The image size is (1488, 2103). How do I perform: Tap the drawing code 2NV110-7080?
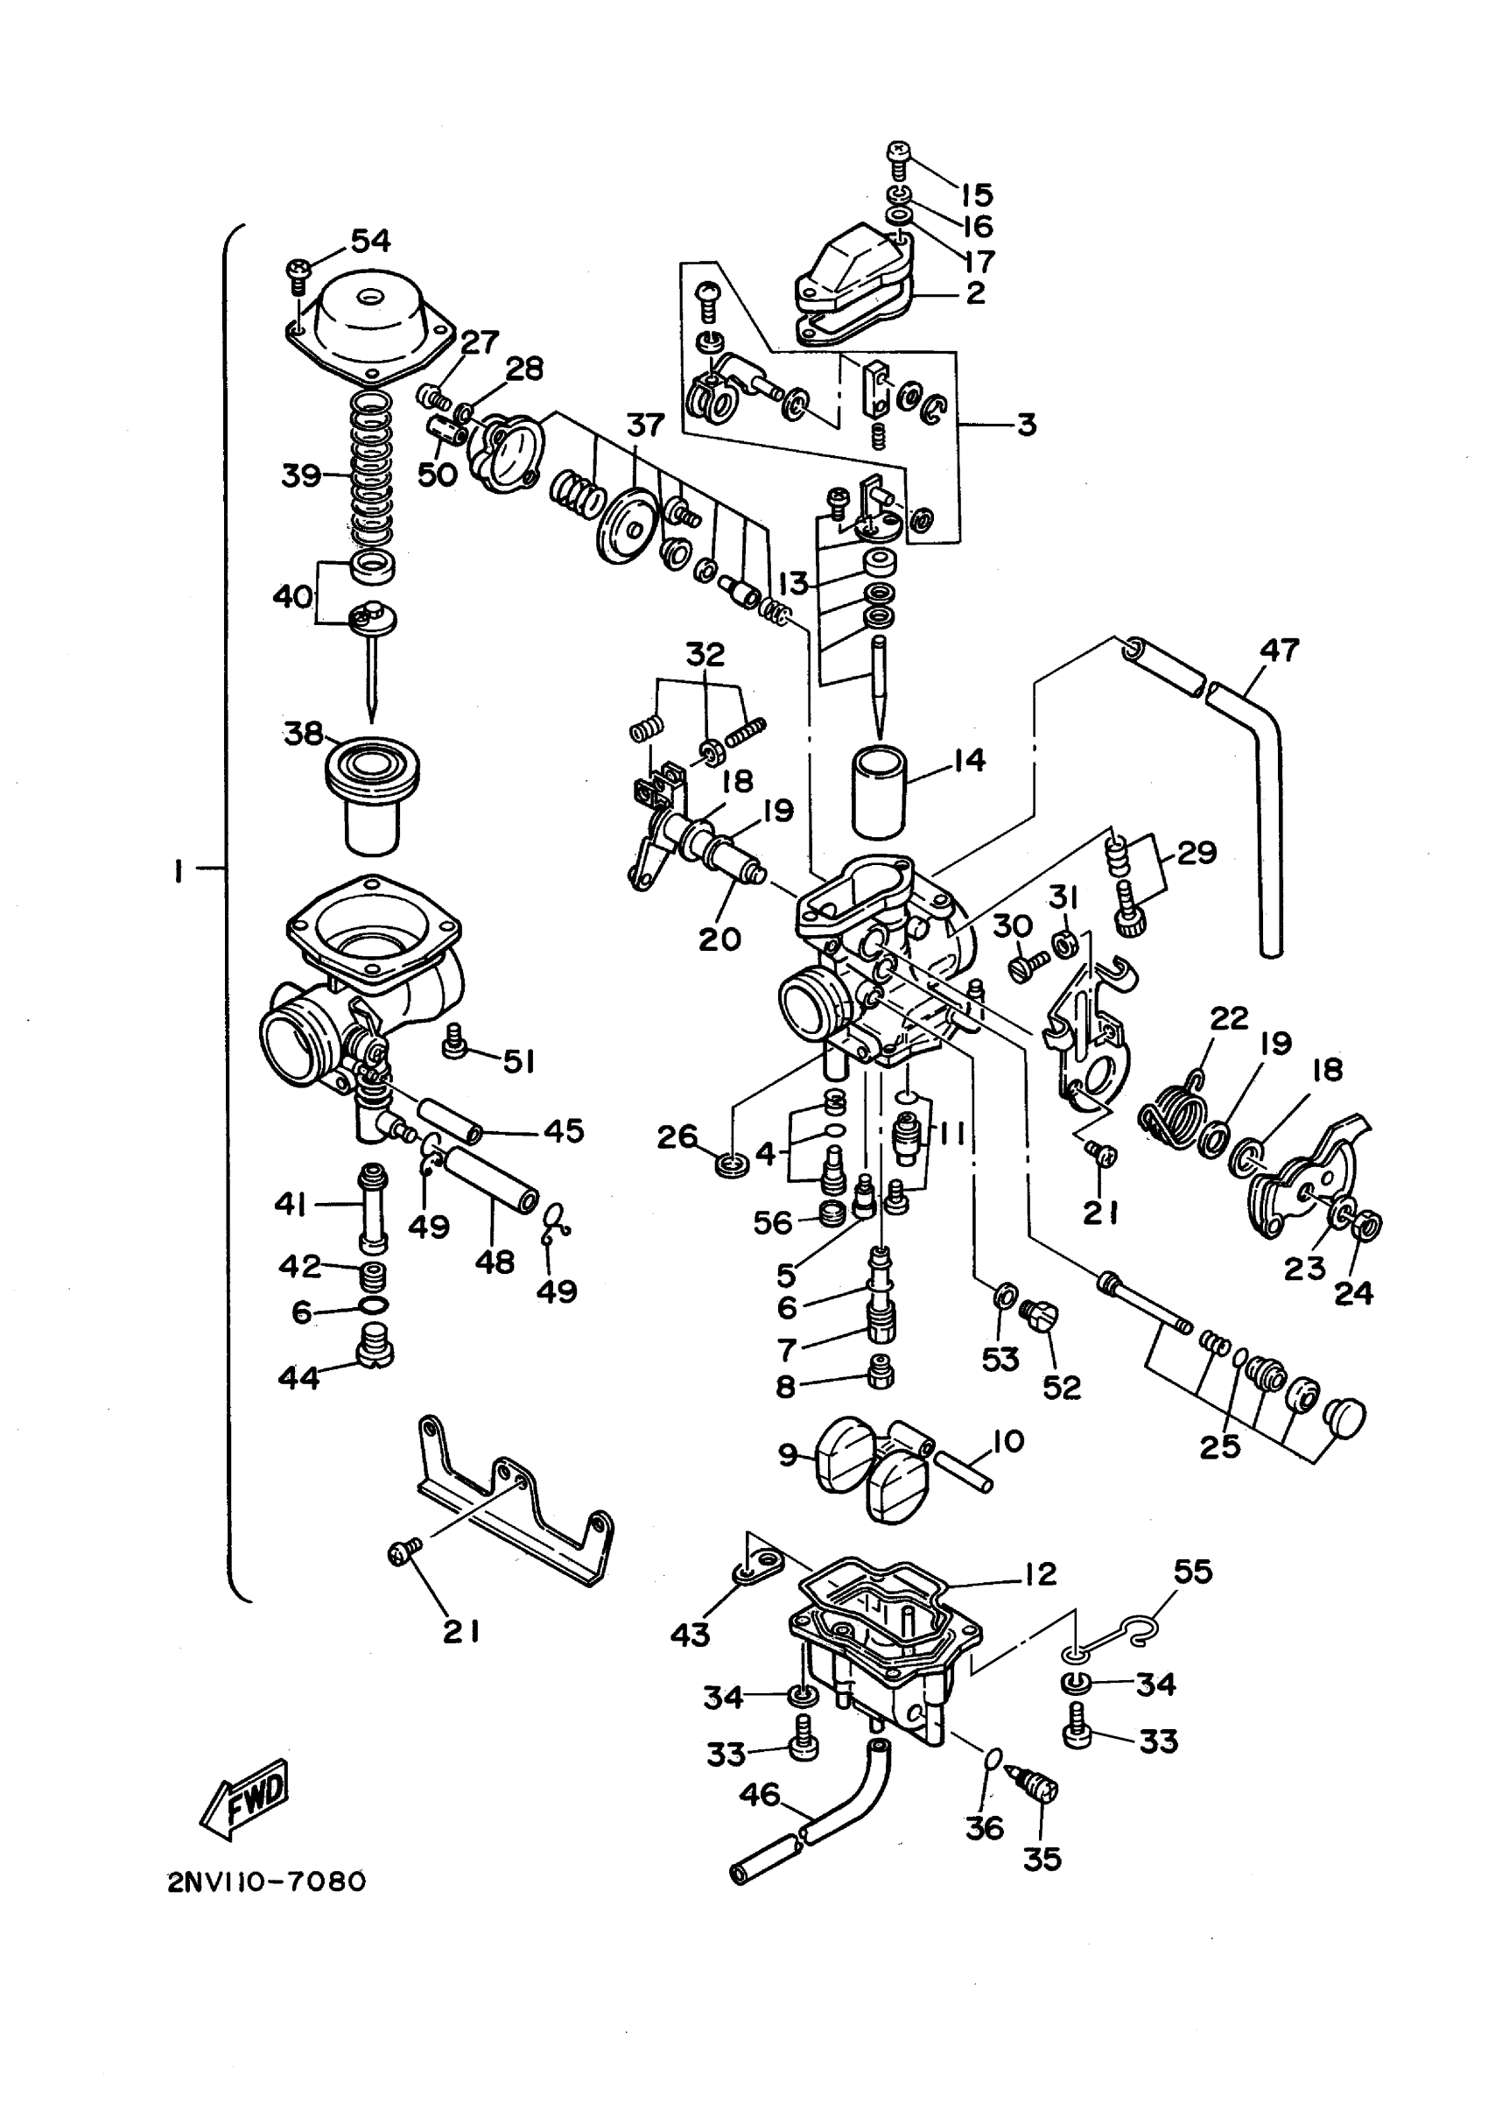point(266,1882)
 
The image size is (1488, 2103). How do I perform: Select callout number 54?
point(370,241)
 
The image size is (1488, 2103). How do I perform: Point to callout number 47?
point(1279,650)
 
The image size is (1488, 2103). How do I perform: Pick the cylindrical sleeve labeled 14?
point(880,791)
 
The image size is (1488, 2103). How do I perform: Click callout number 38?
point(303,733)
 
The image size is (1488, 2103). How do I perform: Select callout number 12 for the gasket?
point(1040,1574)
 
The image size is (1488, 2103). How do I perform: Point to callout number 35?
point(1042,1860)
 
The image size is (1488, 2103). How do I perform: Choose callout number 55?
point(1193,1572)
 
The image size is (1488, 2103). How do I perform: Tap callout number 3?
point(1027,425)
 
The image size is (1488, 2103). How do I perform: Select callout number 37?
point(645,426)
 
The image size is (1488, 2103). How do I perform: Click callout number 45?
point(564,1131)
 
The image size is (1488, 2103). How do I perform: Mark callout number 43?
point(690,1634)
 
